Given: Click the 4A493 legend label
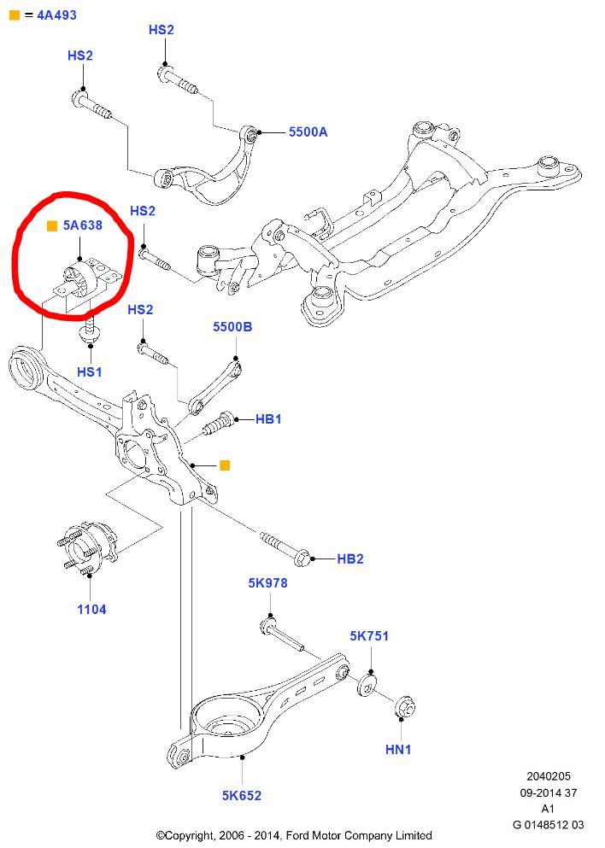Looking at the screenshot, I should (56, 14).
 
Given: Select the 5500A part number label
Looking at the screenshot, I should (308, 132).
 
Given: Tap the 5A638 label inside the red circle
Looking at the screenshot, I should (82, 227).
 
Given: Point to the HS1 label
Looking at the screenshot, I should (89, 371).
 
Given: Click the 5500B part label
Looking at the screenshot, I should (232, 327).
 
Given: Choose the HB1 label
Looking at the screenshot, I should (268, 419).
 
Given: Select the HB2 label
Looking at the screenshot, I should (350, 559).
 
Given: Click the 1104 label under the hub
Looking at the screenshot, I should (92, 610).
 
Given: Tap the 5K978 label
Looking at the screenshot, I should (267, 583).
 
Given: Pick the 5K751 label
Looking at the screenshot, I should (369, 636).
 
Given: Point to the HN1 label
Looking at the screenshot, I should (398, 749).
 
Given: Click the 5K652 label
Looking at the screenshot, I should (242, 796).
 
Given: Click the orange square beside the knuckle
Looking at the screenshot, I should (225, 465).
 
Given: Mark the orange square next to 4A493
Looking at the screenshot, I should (13, 14).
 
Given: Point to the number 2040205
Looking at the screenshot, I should (549, 777).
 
